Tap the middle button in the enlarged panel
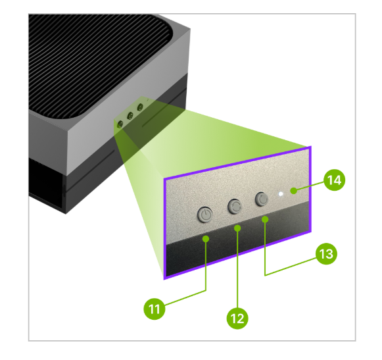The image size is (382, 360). pos(235,205)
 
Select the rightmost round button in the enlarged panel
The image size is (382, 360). pos(262,198)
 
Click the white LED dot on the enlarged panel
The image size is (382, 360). pos(281,195)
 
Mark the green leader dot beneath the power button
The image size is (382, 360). pos(206,238)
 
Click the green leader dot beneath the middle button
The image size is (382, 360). pos(238,228)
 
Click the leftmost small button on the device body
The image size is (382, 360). pos(120,122)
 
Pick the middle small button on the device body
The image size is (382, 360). pos(130,116)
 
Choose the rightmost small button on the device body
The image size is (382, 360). pos(140,108)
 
